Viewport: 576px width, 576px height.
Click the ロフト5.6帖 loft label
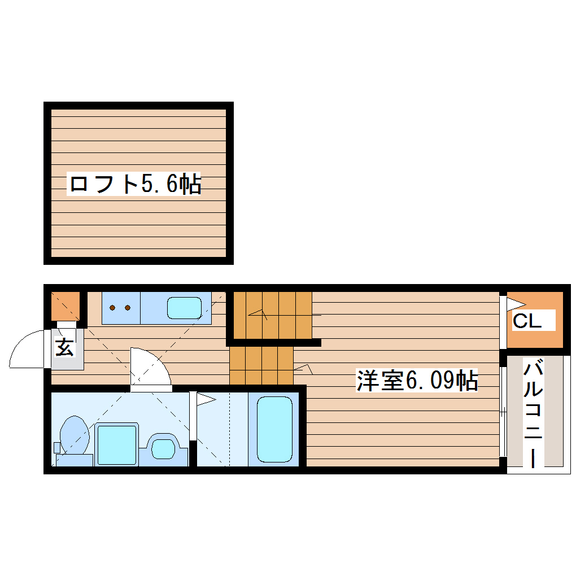(x=134, y=184)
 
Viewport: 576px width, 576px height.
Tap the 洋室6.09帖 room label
(x=417, y=381)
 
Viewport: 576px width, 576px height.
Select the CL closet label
(x=527, y=321)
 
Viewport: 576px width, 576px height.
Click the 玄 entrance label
(x=64, y=347)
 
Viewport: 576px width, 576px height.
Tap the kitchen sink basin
(x=184, y=308)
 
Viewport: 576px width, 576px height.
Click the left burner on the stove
(x=113, y=308)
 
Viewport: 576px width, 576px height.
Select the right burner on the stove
(x=128, y=308)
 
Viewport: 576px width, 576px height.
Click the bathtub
(x=274, y=429)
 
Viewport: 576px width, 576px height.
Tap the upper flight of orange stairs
(x=273, y=315)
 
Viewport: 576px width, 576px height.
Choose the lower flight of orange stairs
(x=261, y=365)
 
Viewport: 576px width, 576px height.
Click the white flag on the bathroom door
(x=205, y=400)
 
